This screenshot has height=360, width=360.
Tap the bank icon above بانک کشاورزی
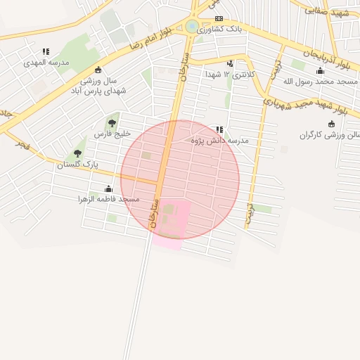click(x=219, y=19)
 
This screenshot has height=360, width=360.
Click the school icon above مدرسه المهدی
click(x=46, y=51)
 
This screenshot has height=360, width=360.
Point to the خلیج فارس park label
click(x=108, y=134)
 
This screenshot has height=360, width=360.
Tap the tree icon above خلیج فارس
click(x=112, y=124)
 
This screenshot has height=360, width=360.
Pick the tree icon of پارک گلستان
click(x=77, y=153)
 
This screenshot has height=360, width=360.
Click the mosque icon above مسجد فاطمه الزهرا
click(x=108, y=188)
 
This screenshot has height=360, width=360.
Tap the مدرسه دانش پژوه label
click(x=220, y=141)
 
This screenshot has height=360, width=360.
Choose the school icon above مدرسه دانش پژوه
click(x=220, y=130)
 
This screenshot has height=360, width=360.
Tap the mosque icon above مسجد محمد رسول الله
click(x=321, y=71)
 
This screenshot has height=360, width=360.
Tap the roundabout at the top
click(x=192, y=27)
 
